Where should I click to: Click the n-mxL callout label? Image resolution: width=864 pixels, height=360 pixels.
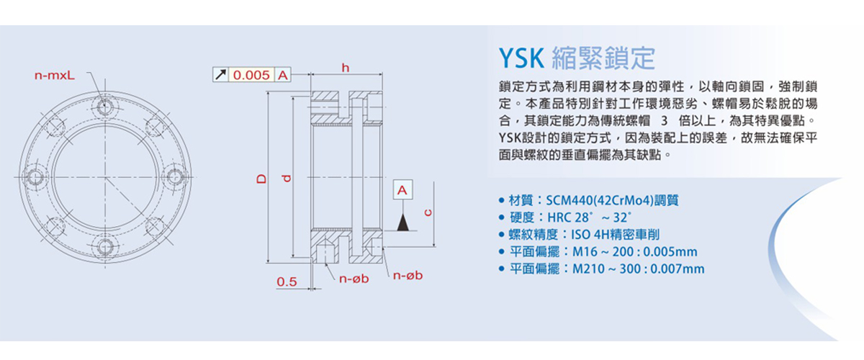pyautogui.click(x=60, y=74)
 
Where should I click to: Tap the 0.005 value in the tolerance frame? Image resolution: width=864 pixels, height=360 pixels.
pyautogui.click(x=252, y=74)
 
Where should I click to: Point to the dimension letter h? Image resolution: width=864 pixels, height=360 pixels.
pyautogui.click(x=345, y=68)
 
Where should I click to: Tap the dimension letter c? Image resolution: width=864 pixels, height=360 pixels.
pyautogui.click(x=427, y=213)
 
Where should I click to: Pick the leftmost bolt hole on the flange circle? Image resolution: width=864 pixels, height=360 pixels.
pyautogui.click(x=33, y=176)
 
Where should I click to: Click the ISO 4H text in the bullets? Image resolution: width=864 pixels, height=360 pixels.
pyautogui.click(x=588, y=234)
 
